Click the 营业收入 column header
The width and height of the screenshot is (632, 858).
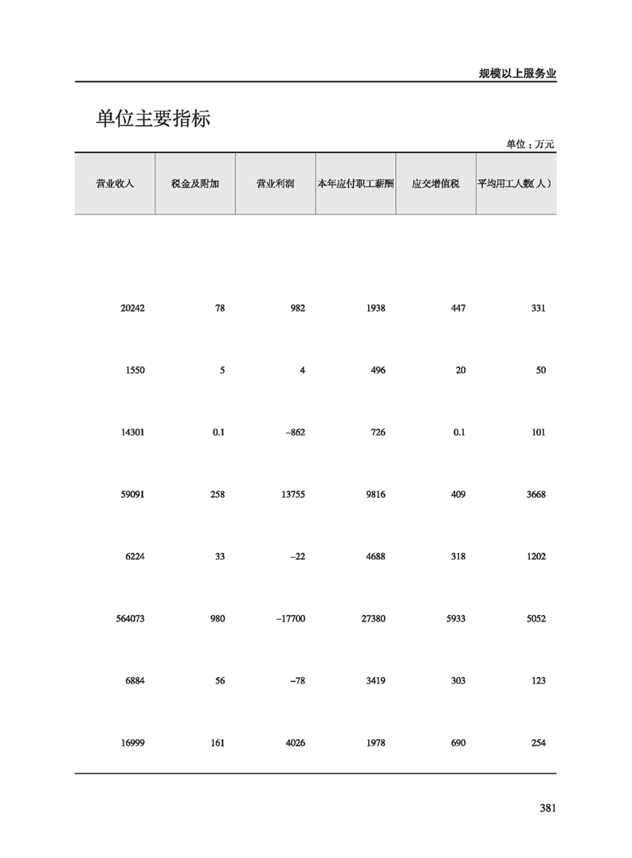pos(115,184)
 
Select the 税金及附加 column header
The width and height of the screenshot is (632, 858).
pos(195,184)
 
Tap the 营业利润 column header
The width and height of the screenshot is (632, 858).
pos(275,184)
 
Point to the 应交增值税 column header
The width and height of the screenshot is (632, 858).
pos(435,184)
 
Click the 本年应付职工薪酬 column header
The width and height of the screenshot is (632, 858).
pos(355,184)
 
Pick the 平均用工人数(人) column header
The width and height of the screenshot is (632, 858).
pos(516,184)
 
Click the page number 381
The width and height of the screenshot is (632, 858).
pos(547,808)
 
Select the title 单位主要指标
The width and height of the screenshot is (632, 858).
pos(153,119)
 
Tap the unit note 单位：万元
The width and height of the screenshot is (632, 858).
pos(530,145)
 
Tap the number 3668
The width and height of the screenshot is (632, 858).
pos(536,495)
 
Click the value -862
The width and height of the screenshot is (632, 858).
pos(294,433)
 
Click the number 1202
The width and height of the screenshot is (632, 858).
pos(536,557)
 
